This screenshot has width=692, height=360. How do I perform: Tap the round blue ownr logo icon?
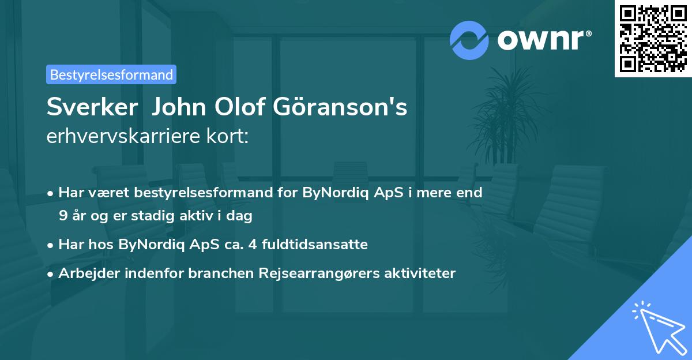pos(469,40)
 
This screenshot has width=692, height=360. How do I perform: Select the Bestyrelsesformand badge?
pos(111,74)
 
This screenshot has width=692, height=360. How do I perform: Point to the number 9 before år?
pos(62,216)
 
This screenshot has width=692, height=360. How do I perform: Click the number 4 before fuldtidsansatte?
pos(251,245)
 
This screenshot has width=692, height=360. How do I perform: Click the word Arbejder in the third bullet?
pos(85,273)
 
